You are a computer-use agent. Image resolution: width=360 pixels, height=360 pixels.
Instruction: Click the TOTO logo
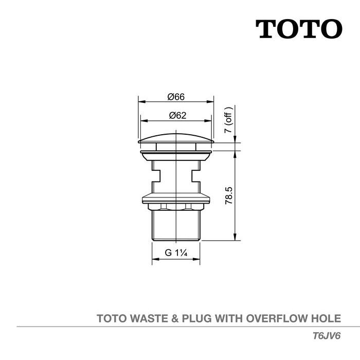(x=299, y=29)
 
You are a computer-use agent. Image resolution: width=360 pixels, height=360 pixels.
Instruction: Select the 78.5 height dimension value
(x=229, y=196)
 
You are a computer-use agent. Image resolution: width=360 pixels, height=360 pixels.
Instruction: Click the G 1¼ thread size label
(x=175, y=253)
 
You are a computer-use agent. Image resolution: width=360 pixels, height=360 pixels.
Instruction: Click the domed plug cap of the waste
(x=176, y=138)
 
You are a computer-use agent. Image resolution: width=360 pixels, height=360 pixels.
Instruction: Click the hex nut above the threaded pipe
(x=176, y=207)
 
